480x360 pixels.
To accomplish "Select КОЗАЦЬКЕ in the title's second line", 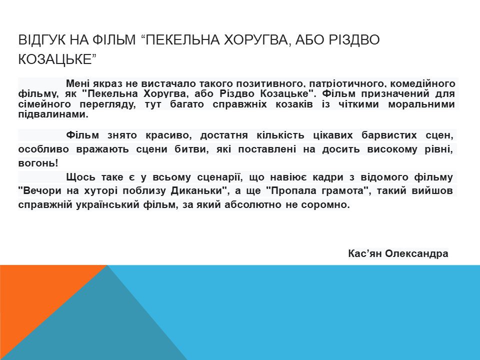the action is (55, 59).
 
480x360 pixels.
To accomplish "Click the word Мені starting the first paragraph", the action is (77, 83).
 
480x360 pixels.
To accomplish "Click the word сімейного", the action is (44, 104).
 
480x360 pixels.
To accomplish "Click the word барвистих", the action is (389, 135).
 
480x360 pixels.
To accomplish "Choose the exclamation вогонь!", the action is (38, 163).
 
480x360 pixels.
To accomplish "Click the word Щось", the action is (79, 177).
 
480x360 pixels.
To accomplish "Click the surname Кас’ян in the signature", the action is (365, 253).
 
